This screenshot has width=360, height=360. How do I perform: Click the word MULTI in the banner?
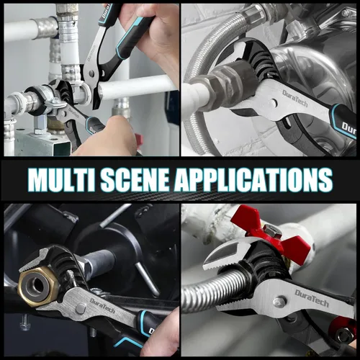pyautogui.click(x=62, y=179)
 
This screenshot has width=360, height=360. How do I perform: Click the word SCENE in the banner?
pyautogui.click(x=135, y=179)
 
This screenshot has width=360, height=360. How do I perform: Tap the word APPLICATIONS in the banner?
pyautogui.click(x=253, y=179)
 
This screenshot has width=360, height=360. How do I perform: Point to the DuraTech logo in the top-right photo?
pyautogui.click(x=295, y=98)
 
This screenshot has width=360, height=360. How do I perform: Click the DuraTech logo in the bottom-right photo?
pyautogui.click(x=312, y=298)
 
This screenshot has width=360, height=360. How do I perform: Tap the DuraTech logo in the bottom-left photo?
pyautogui.click(x=102, y=306)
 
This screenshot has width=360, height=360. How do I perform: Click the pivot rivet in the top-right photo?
pyautogui.click(x=273, y=103)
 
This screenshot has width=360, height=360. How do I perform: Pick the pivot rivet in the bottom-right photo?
pyautogui.click(x=281, y=302)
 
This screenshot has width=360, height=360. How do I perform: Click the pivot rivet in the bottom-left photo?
pyautogui.click(x=81, y=309)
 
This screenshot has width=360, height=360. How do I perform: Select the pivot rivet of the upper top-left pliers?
pyautogui.click(x=91, y=73)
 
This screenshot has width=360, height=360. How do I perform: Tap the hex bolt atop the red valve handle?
pyautogui.click(x=273, y=230)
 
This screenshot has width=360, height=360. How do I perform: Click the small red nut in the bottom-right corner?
pyautogui.click(x=343, y=332)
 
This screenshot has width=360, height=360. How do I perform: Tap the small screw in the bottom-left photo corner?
pyautogui.click(x=24, y=322)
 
